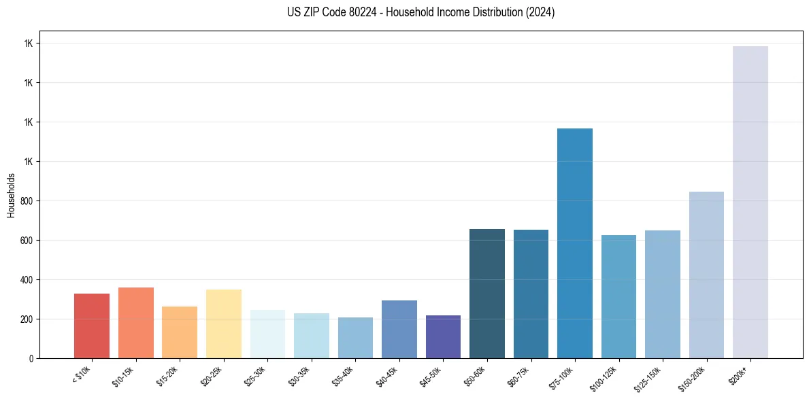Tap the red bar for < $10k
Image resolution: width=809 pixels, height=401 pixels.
pos(92,326)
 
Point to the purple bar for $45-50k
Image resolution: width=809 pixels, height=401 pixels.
pos(443,336)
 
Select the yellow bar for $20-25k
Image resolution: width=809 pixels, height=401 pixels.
pos(223,324)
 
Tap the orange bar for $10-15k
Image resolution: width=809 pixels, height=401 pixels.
pos(135,323)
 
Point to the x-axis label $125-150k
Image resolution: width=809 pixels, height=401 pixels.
pos(648,377)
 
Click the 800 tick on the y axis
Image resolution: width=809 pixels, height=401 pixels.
pos(28,201)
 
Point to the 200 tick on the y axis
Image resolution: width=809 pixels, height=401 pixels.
pos(28,319)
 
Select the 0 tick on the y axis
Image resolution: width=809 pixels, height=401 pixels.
pos(31,358)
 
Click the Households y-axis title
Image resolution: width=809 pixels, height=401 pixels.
pos(11,195)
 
